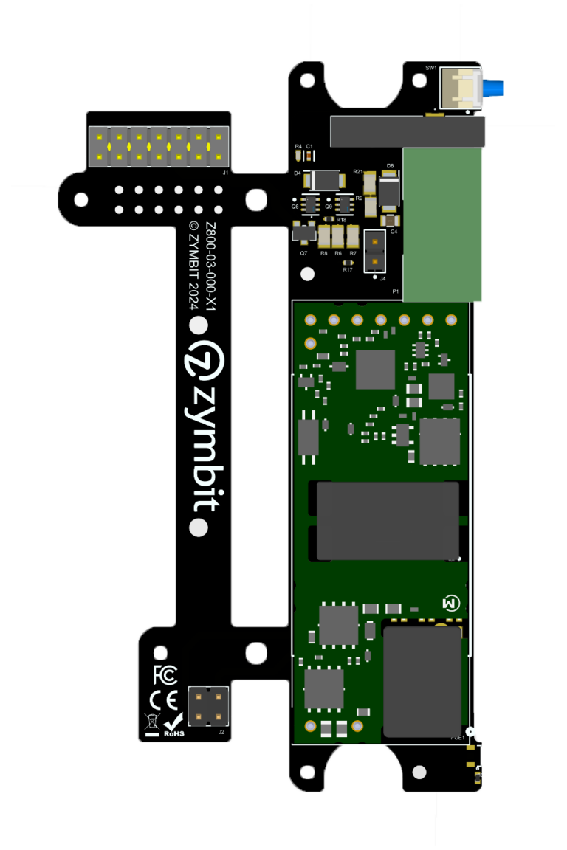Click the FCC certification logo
[x=165, y=674]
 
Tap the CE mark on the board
[x=164, y=699]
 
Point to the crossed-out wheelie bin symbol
[x=151, y=722]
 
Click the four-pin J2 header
[x=209, y=707]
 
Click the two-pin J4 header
[x=375, y=250]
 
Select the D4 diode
[x=323, y=179]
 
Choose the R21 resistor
[x=371, y=182]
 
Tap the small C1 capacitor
[x=309, y=156]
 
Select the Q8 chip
[x=311, y=204]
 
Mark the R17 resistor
[x=348, y=262]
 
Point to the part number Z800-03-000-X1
[x=210, y=266]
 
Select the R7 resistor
[x=353, y=237]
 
